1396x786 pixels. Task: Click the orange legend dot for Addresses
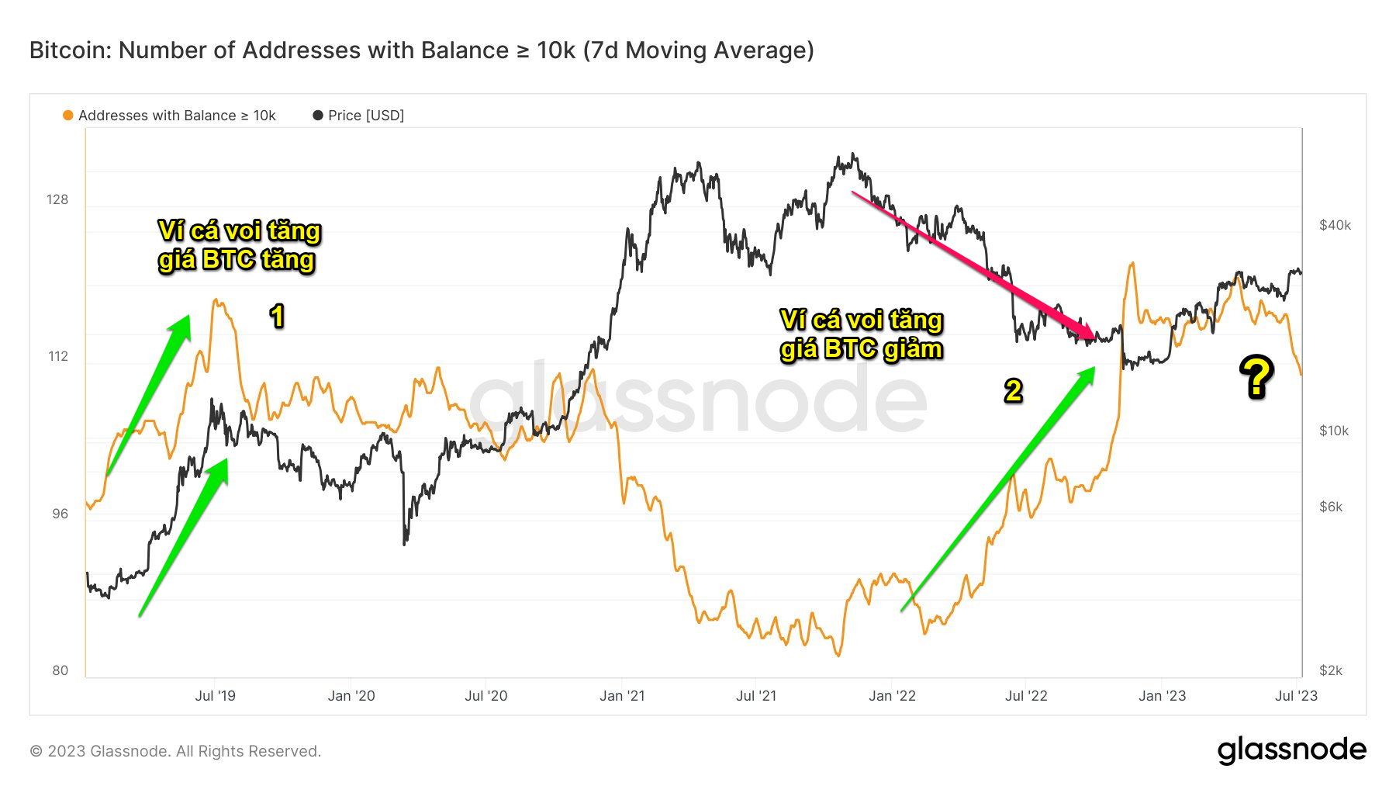[68, 116]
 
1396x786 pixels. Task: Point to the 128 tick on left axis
[57, 199]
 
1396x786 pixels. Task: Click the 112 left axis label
[57, 356]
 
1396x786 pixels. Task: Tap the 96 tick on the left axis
[60, 514]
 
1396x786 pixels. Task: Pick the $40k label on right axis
[1335, 225]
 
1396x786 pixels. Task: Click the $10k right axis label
[1334, 431]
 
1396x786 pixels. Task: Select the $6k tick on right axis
[1331, 507]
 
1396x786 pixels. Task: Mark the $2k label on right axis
[1331, 670]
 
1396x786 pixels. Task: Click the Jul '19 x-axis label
[215, 696]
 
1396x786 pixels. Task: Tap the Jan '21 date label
[622, 696]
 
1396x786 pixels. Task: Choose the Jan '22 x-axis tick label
[892, 696]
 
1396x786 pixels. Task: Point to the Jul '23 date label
[1296, 696]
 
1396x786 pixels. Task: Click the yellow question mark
[1256, 377]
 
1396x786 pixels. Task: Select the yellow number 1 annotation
[277, 316]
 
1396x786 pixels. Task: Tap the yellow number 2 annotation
[1013, 390]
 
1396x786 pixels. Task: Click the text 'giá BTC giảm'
[861, 349]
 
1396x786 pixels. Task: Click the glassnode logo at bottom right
[1291, 750]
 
